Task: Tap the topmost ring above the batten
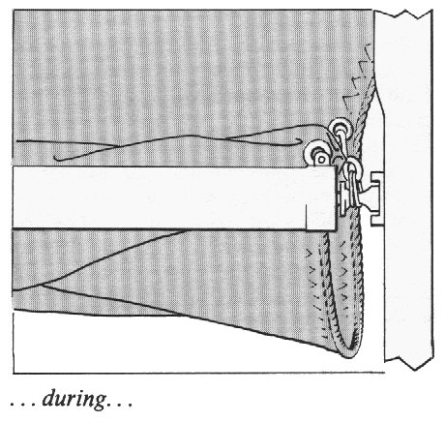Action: (x=339, y=128)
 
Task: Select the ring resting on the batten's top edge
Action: (x=316, y=154)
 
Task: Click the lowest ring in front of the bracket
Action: (x=353, y=166)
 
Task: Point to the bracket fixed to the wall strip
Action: (x=375, y=198)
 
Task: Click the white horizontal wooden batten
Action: (x=174, y=197)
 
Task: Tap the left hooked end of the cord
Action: (x=56, y=159)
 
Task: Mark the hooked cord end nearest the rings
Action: (x=300, y=141)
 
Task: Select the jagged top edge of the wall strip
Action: (x=403, y=15)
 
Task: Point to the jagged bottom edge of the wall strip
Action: (x=408, y=363)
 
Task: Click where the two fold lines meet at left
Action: (x=42, y=285)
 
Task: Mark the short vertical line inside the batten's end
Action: (x=306, y=218)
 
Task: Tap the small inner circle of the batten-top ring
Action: (x=321, y=159)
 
